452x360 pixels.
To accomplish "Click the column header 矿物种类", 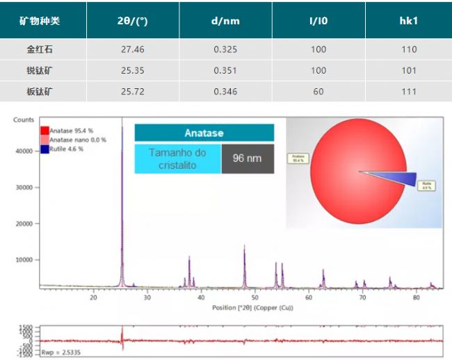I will click(40, 21).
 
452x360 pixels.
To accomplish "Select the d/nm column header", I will click(225, 21).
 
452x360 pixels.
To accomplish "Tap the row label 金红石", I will click(40, 49).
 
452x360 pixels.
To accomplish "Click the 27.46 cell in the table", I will click(132, 49).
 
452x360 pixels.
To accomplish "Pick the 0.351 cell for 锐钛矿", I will click(225, 70).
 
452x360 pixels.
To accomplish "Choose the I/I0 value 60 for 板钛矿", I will click(318, 91).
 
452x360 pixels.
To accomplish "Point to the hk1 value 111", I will click(409, 91).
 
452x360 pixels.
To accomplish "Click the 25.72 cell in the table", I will click(132, 91).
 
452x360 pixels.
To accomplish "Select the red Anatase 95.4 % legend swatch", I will click(45, 131).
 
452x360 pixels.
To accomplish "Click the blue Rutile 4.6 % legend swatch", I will click(45, 149).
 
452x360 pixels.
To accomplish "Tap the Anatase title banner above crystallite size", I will click(204, 133).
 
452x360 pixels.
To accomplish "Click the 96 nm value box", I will click(247, 158).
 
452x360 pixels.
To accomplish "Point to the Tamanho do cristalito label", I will click(177, 159).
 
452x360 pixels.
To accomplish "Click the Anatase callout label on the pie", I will click(298, 158).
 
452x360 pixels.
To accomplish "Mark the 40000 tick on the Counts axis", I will click(24, 151).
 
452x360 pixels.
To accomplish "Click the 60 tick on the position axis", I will click(309, 297).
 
